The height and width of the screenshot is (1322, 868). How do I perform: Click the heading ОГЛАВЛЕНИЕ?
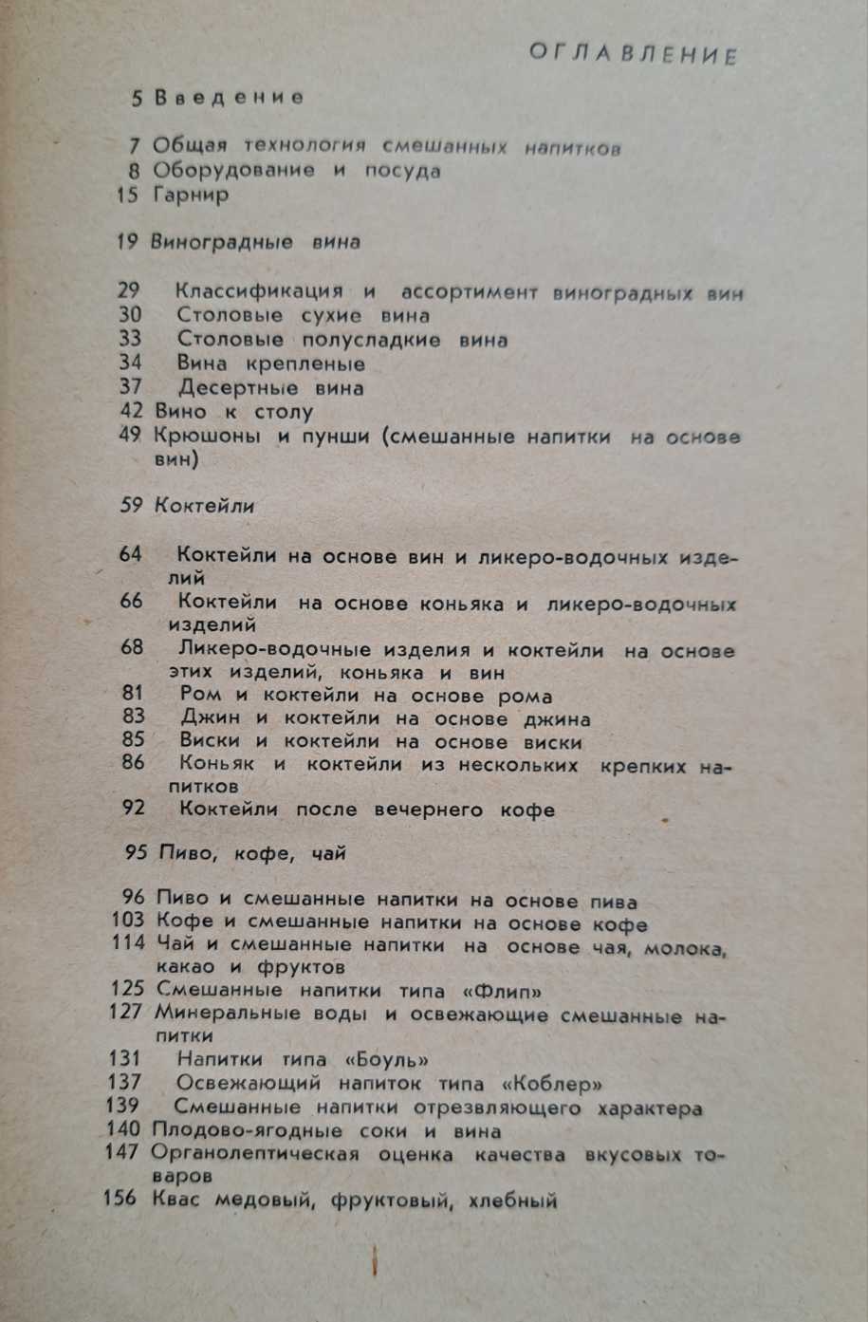(x=633, y=54)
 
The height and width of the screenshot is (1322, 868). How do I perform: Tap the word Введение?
(x=229, y=97)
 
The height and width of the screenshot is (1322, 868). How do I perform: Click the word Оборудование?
(x=233, y=171)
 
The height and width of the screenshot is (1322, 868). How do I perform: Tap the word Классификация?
(x=259, y=291)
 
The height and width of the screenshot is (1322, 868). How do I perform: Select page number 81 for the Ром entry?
(x=133, y=694)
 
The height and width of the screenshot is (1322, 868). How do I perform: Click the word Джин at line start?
(x=210, y=718)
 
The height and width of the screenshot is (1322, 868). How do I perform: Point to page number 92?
(x=133, y=809)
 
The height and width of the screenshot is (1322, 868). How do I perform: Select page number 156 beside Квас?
(x=120, y=1199)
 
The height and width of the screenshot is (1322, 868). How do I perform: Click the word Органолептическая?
(x=255, y=1154)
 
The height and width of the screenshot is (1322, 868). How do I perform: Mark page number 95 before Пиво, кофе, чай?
(x=135, y=852)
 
